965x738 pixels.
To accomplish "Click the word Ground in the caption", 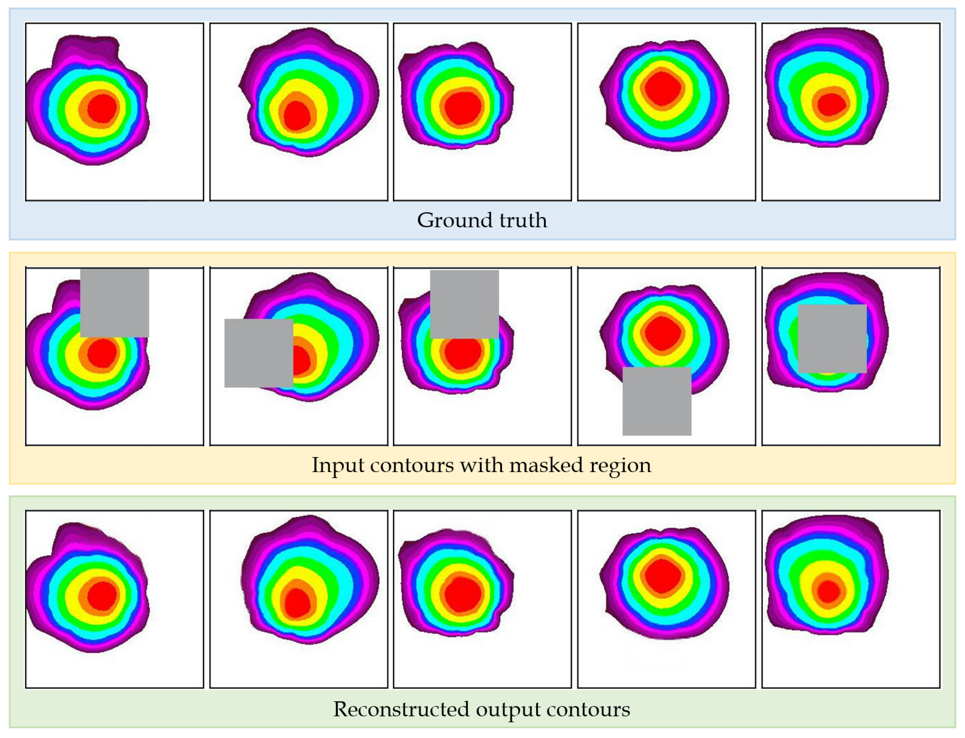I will coord(454,220).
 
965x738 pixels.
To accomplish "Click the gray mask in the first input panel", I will coord(114,303).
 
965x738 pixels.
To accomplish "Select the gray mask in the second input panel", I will coord(258,353).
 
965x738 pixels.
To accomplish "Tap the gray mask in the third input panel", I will coord(464,304).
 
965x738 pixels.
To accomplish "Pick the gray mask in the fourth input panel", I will coord(657,401).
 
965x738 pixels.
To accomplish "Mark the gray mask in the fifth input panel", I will coord(832,339).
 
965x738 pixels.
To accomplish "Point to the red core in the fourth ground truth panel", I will coord(662,88).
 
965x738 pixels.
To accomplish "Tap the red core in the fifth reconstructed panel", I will coord(828,591).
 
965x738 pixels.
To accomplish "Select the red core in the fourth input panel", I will coord(662,333).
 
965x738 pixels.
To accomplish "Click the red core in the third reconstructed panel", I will coord(462,594).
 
